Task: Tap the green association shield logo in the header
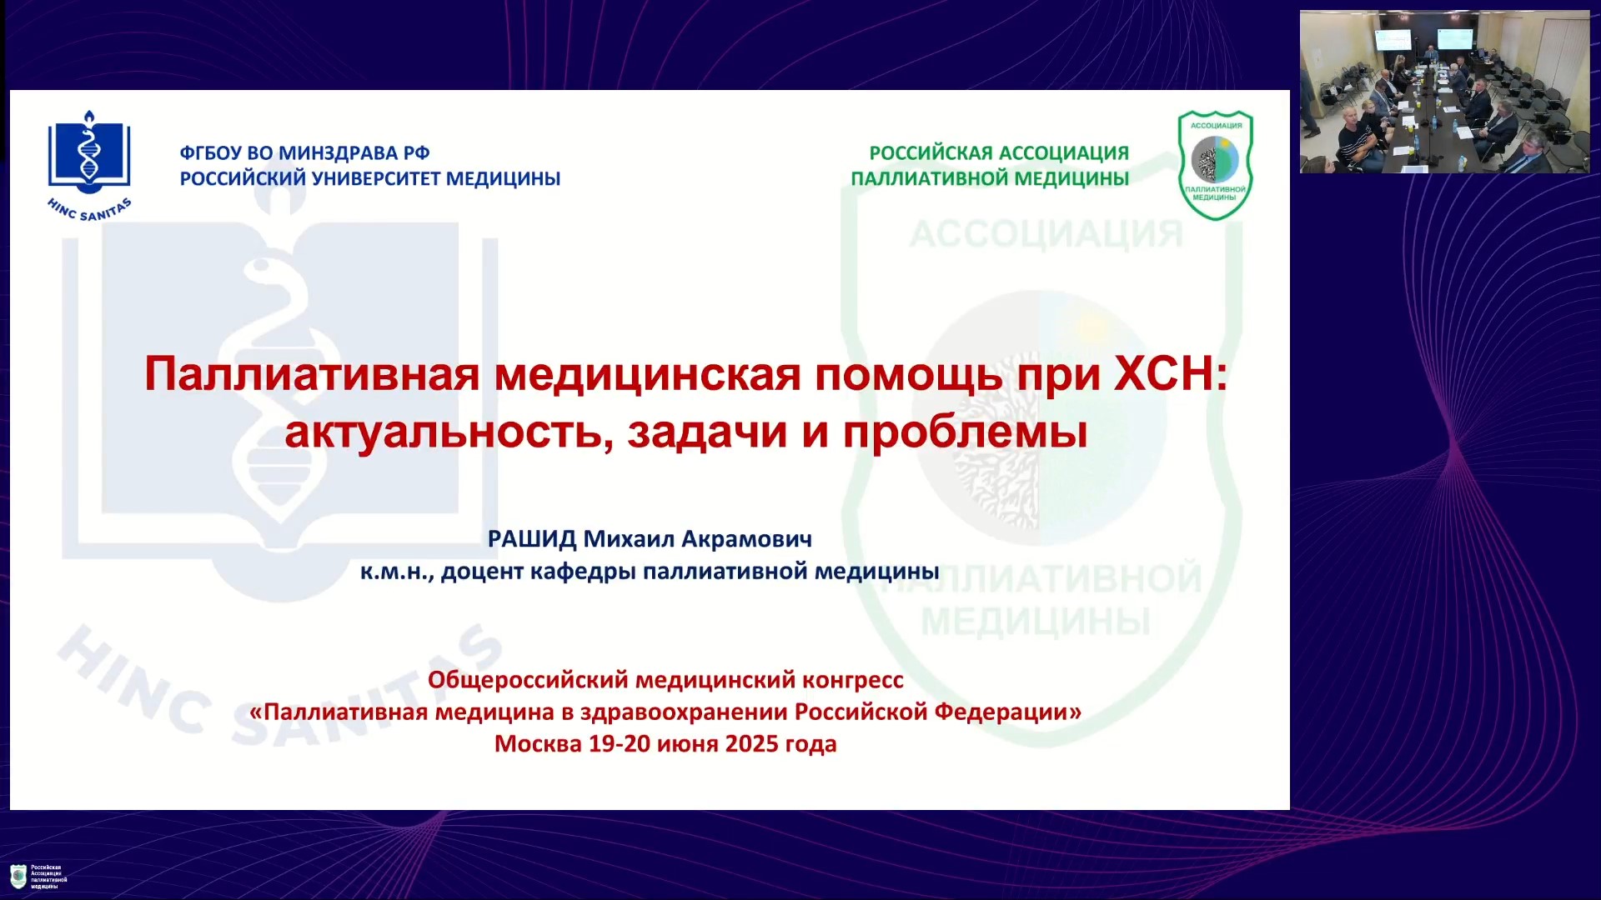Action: (1215, 165)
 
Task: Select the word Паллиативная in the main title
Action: (312, 373)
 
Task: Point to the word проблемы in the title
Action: (965, 432)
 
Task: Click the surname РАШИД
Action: (532, 539)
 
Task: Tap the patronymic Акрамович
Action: (747, 539)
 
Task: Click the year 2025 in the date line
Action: (751, 744)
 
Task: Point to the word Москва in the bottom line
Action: (538, 744)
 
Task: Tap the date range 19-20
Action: (620, 744)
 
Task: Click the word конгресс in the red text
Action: (853, 681)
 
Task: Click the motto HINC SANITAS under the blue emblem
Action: (89, 210)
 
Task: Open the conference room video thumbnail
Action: (1445, 92)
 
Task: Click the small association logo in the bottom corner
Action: (18, 877)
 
